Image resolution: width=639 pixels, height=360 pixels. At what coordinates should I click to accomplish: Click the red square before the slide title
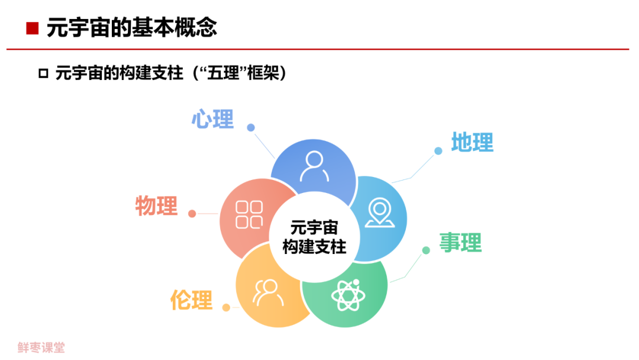click(33, 28)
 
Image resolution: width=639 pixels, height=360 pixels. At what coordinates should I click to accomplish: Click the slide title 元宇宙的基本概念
click(131, 28)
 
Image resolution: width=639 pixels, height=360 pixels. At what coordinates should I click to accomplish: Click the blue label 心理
click(213, 120)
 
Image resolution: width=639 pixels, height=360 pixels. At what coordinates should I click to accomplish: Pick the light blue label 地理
click(472, 143)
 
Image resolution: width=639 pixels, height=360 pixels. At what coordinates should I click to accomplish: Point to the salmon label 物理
click(156, 205)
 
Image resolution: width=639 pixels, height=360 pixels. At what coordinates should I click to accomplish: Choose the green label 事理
click(460, 242)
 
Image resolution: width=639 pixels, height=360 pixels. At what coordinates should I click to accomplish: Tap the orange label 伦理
click(191, 300)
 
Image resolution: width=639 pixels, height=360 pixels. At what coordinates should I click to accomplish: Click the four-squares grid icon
click(249, 214)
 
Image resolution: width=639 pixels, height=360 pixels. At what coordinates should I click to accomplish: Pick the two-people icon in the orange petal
click(267, 291)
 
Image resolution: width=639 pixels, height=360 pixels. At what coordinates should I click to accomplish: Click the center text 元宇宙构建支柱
click(314, 237)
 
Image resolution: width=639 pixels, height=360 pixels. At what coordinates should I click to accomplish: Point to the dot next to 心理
click(251, 127)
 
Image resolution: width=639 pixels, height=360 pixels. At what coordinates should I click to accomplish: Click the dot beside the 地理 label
click(438, 151)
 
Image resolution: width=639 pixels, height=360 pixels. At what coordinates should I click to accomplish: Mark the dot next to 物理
click(192, 214)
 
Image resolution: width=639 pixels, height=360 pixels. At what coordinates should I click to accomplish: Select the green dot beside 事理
click(426, 250)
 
